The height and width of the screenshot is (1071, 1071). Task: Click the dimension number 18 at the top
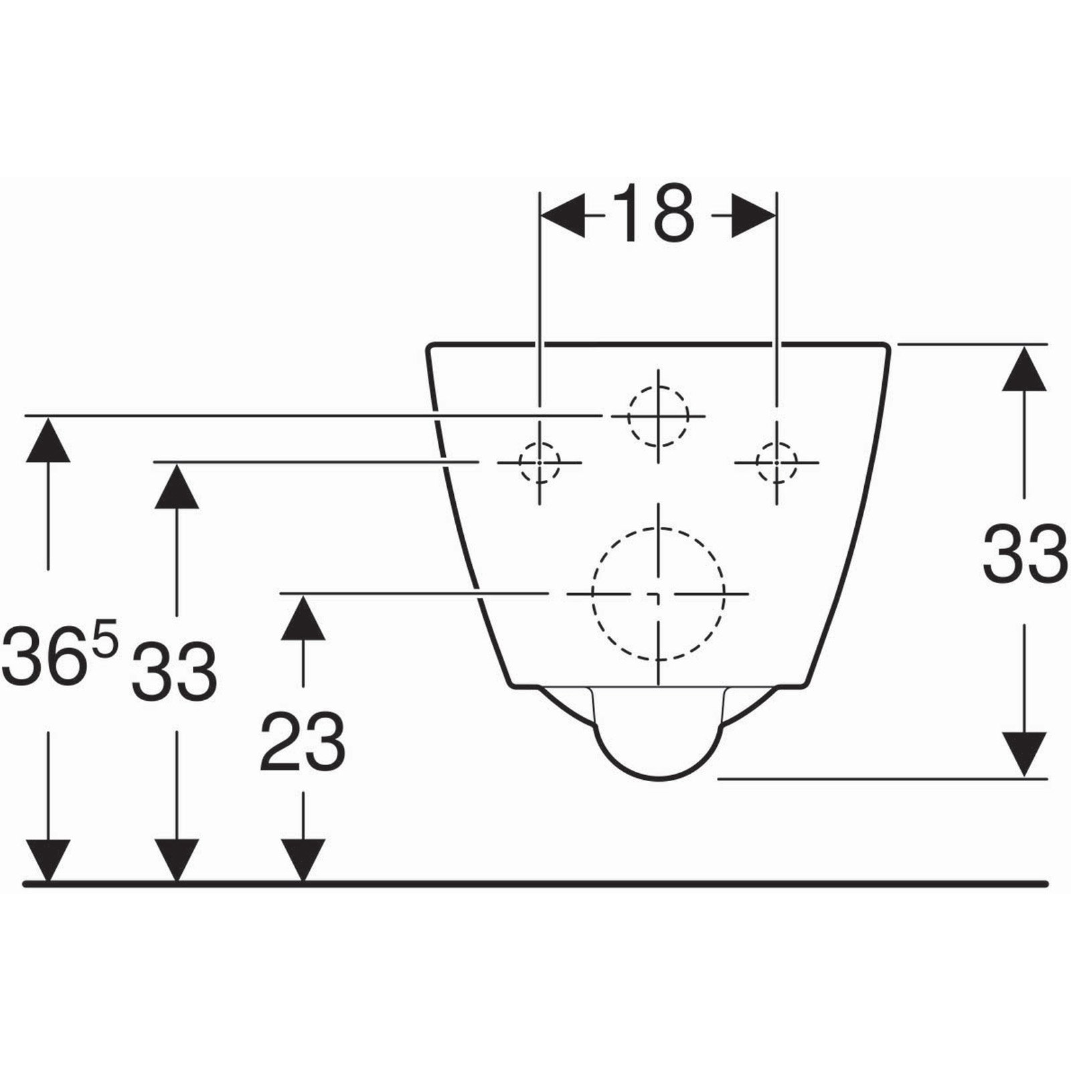tap(654, 214)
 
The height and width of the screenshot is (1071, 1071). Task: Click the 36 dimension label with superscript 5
tap(60, 653)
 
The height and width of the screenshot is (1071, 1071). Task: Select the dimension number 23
tap(303, 743)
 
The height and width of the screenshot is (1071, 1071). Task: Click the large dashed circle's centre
tap(659, 593)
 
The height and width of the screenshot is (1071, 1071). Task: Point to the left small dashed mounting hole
tap(540, 462)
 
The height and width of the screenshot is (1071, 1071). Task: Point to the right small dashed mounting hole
tap(776, 462)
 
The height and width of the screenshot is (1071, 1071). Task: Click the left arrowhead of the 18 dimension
tap(562, 216)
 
